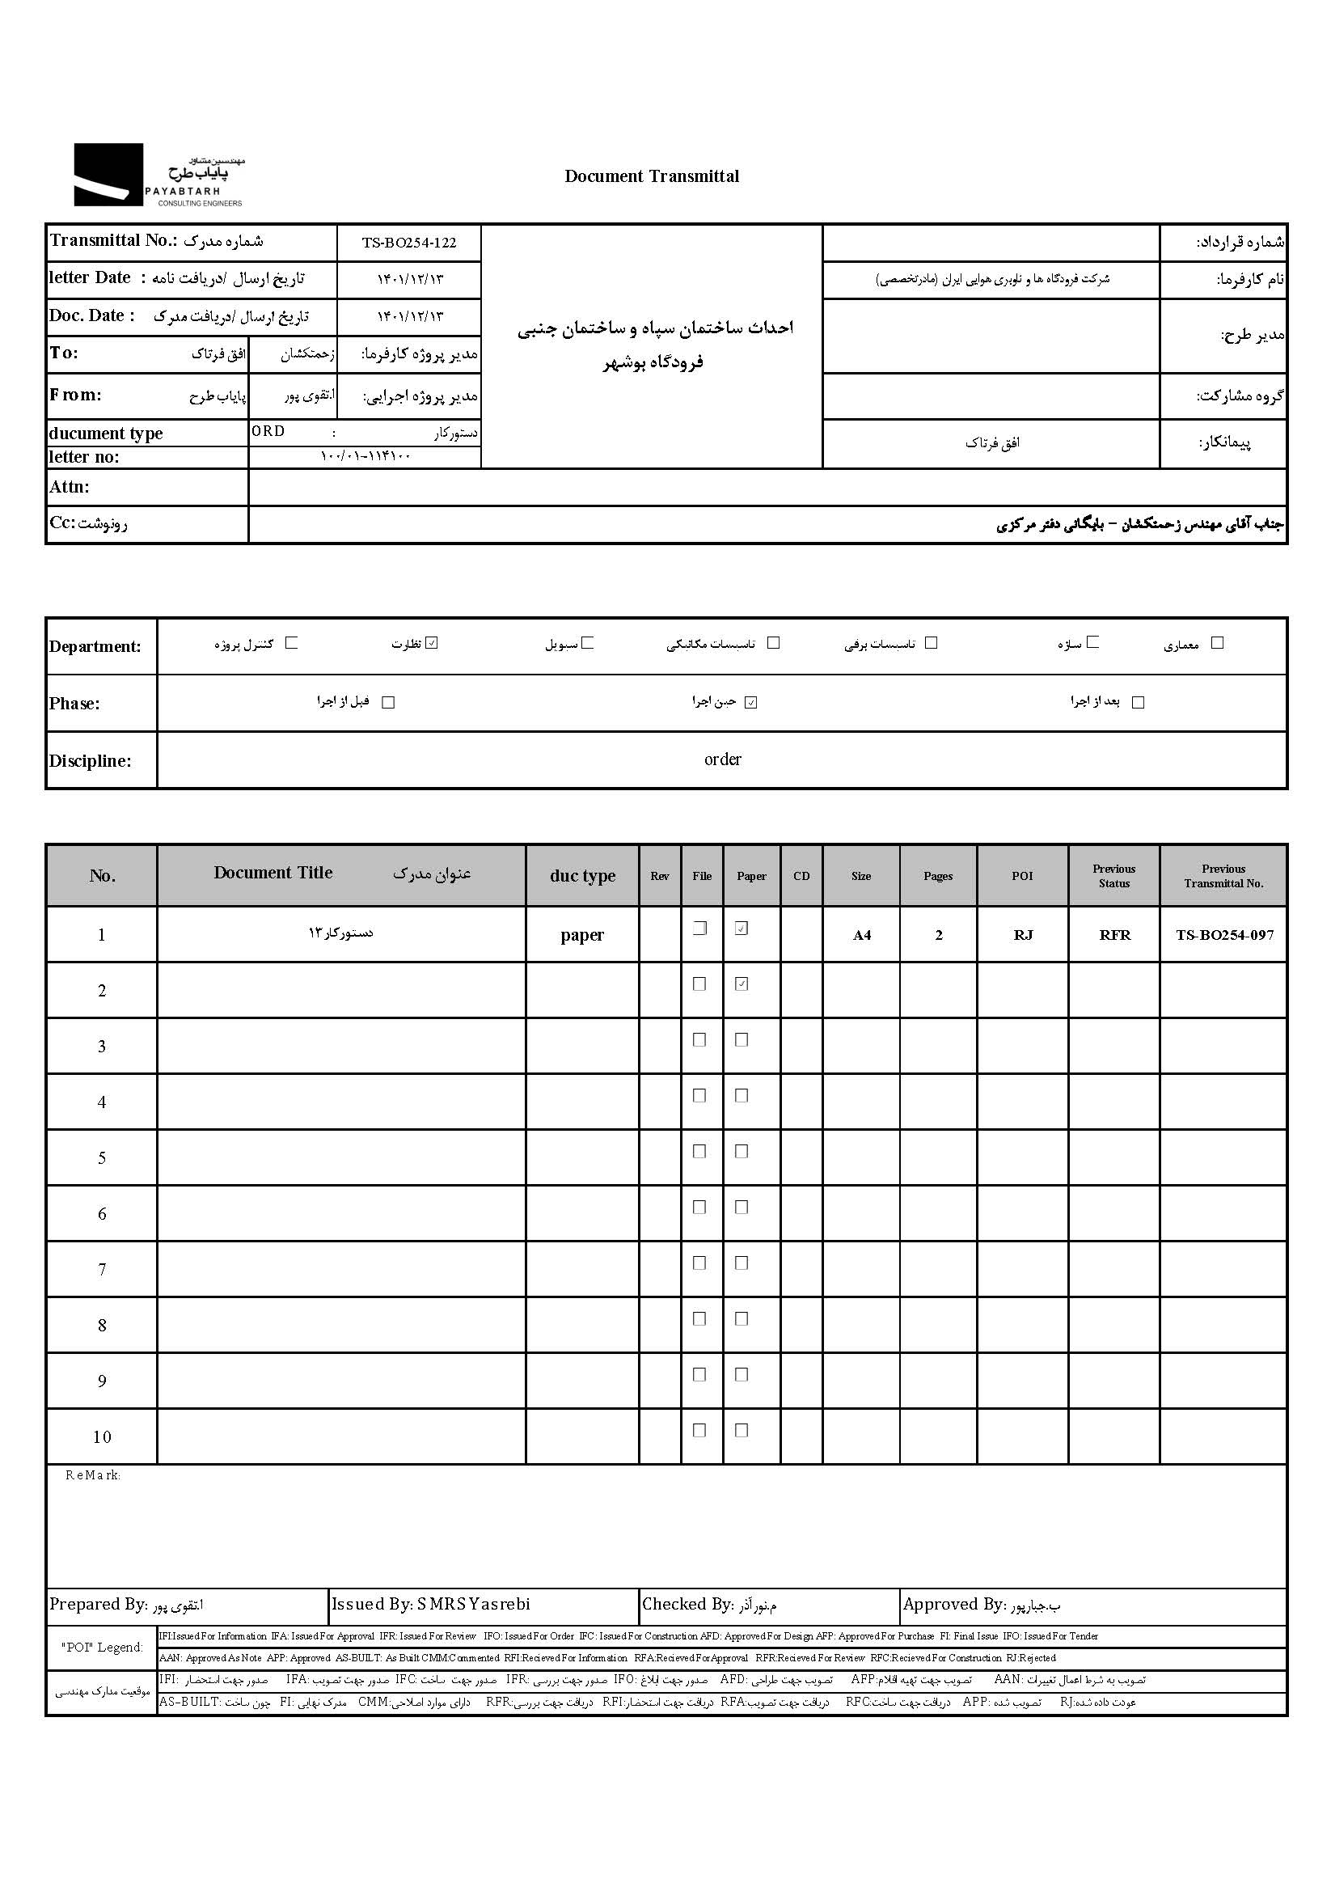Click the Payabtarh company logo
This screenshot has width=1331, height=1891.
(x=158, y=175)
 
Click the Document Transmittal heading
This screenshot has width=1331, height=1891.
(x=652, y=176)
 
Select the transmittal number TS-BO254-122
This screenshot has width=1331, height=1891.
(x=408, y=243)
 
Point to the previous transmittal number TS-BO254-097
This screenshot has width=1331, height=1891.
(x=1224, y=935)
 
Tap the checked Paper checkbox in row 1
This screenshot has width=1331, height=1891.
(x=742, y=929)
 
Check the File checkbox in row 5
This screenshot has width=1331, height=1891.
(x=699, y=1152)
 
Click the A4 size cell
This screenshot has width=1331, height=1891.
(x=861, y=935)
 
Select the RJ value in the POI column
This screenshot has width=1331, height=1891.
(x=1023, y=935)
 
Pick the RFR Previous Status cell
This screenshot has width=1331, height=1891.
(x=1114, y=935)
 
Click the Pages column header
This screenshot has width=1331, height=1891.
(x=938, y=876)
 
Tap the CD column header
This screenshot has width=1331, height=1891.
(x=801, y=876)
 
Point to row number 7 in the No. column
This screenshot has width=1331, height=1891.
(x=102, y=1269)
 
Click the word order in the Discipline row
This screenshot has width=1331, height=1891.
(x=722, y=759)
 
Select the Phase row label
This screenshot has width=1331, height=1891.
(x=74, y=704)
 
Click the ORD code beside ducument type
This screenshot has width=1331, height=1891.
(x=268, y=432)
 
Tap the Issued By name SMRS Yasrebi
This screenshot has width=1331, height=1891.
(x=474, y=1604)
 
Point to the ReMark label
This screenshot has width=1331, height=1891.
(x=92, y=1475)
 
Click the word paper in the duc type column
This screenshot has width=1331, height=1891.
(x=582, y=935)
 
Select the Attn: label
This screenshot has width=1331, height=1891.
(x=70, y=487)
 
